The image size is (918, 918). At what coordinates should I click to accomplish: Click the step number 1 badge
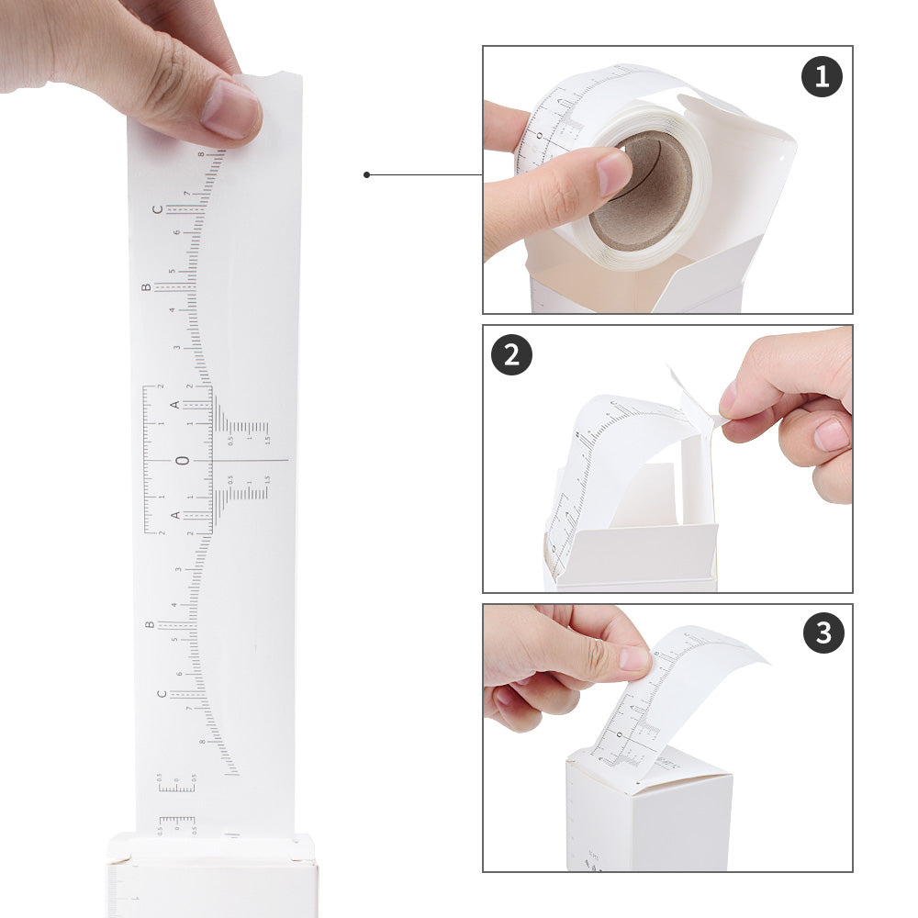click(x=822, y=76)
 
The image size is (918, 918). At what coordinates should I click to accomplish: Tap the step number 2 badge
click(x=512, y=354)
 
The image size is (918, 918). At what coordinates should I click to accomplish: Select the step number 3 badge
click(x=823, y=633)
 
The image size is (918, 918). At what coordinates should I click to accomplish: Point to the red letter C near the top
click(x=157, y=209)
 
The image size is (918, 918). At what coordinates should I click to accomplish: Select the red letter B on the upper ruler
click(x=145, y=287)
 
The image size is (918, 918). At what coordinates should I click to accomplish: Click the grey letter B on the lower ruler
click(x=150, y=625)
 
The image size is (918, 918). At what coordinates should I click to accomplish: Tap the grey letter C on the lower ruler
click(x=162, y=694)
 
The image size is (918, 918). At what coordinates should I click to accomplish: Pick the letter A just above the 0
click(x=174, y=405)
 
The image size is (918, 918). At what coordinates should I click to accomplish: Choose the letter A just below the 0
click(x=175, y=515)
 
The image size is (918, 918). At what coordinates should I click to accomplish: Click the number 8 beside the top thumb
click(x=201, y=154)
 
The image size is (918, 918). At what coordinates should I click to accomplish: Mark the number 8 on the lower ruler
click(x=202, y=741)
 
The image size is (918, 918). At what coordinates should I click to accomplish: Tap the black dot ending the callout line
click(x=366, y=174)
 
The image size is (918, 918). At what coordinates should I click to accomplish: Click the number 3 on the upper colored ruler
click(x=177, y=348)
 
